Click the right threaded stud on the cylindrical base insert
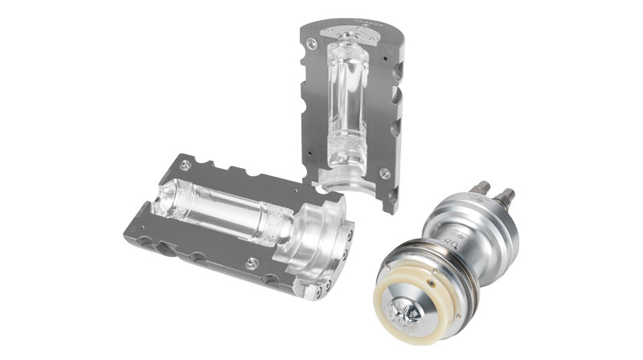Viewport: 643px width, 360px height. pos(508,195)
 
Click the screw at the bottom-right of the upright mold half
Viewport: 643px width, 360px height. pos(385,172)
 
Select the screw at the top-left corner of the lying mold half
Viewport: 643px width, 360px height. pos(186,164)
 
